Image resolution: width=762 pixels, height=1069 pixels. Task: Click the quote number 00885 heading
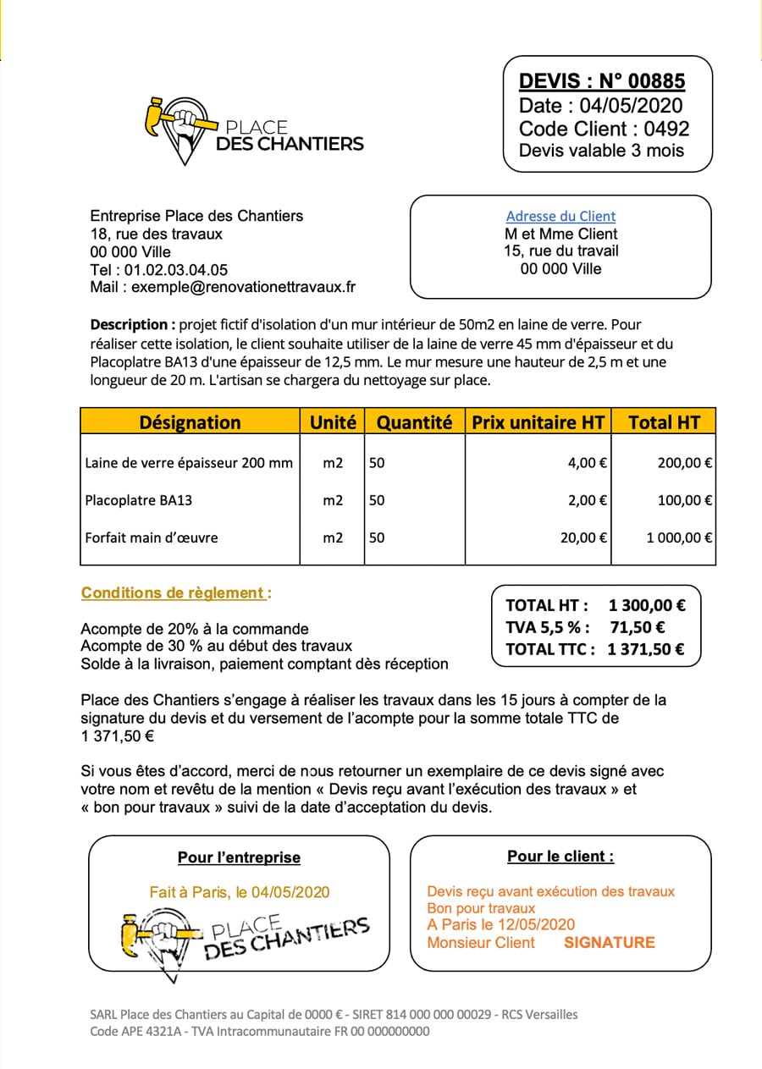(x=602, y=81)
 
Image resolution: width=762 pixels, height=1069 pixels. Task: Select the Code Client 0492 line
(x=604, y=129)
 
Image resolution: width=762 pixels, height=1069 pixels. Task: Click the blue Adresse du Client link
(x=560, y=216)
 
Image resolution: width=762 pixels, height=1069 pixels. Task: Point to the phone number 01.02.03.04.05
(x=175, y=270)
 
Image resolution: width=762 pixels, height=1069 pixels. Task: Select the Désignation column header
(x=190, y=422)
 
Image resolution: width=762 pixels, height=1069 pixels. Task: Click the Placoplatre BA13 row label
(x=139, y=500)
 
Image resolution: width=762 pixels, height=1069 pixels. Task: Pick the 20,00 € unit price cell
(x=583, y=537)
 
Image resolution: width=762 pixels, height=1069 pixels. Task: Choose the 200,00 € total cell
(x=684, y=463)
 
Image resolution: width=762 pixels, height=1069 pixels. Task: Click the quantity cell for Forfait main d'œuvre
(x=378, y=537)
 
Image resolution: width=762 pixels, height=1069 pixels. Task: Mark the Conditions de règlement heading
(x=175, y=593)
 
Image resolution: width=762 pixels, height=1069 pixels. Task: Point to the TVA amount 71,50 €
(x=637, y=628)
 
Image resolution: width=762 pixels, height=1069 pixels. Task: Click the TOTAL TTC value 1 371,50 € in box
(x=646, y=650)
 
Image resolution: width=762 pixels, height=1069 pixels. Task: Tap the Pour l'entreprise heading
(x=239, y=857)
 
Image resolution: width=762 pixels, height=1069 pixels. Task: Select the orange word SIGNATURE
(x=610, y=943)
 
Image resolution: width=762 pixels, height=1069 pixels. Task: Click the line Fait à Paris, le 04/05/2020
(x=240, y=892)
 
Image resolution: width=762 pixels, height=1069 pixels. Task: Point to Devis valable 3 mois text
(x=602, y=151)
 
